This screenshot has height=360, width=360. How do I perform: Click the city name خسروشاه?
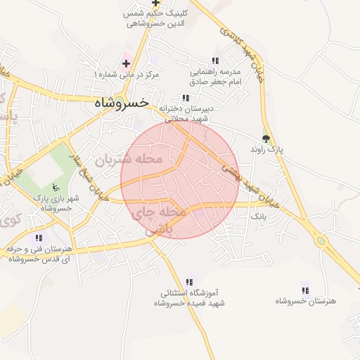(120, 102)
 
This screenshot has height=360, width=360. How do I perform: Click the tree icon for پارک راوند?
(265, 139)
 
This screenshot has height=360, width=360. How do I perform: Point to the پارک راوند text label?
(264, 150)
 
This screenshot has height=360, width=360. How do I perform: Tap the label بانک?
(259, 217)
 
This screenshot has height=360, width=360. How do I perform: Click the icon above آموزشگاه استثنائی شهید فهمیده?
(189, 281)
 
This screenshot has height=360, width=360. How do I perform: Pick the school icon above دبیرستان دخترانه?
(186, 98)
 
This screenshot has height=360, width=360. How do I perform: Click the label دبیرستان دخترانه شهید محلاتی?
(186, 113)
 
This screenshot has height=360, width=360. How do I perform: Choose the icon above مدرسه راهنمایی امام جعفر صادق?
(215, 61)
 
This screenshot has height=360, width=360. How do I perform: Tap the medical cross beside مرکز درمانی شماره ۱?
(126, 63)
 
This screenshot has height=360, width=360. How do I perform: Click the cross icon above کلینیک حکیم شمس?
(155, 3)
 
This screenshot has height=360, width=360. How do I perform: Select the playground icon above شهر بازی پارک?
(56, 187)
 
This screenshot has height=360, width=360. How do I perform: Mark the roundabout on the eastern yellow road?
(322, 241)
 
